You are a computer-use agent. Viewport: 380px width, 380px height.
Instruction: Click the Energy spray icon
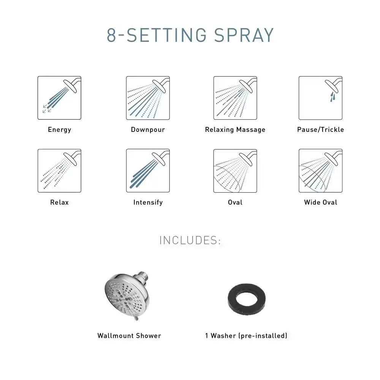(x=59, y=98)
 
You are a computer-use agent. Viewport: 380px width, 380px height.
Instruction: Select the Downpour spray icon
(x=148, y=98)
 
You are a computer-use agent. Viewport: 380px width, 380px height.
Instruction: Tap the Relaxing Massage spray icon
(x=235, y=98)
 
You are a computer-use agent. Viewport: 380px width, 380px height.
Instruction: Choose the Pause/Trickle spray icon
(x=320, y=98)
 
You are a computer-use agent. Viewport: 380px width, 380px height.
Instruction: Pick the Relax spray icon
(x=59, y=171)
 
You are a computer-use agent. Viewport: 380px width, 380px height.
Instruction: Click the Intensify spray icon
(x=148, y=171)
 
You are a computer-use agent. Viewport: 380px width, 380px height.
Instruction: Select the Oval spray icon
(x=235, y=171)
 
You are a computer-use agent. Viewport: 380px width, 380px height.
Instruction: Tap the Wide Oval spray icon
(x=320, y=171)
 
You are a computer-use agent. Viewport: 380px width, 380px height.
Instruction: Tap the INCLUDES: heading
(x=190, y=241)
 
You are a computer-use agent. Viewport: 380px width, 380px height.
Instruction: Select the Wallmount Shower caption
(x=129, y=336)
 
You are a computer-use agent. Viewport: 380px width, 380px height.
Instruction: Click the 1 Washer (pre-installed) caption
(x=246, y=336)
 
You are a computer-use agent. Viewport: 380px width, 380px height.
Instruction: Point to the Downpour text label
(x=148, y=130)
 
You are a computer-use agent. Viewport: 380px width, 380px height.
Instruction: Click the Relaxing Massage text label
(x=235, y=130)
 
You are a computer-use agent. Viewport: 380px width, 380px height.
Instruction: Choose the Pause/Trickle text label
(x=320, y=130)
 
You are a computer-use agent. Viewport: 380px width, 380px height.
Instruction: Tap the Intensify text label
(x=148, y=203)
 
